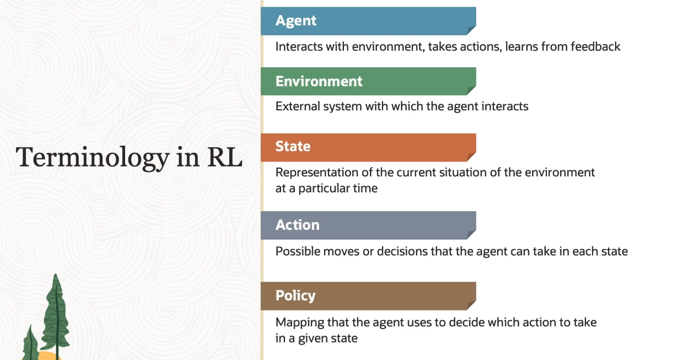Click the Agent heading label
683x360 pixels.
[296, 21]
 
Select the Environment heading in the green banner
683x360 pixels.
[319, 82]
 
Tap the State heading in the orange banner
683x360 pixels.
[293, 146]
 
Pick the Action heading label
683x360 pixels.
[298, 225]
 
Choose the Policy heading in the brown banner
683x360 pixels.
[295, 296]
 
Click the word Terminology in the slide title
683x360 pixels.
[93, 158]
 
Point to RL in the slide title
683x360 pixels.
[225, 157]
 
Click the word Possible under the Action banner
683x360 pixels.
[298, 251]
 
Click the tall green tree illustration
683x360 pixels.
[56, 315]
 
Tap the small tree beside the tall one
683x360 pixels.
[30, 343]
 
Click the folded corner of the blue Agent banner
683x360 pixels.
[471, 30]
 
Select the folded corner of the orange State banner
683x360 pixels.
[471, 157]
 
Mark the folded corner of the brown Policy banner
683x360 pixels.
[471, 305]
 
